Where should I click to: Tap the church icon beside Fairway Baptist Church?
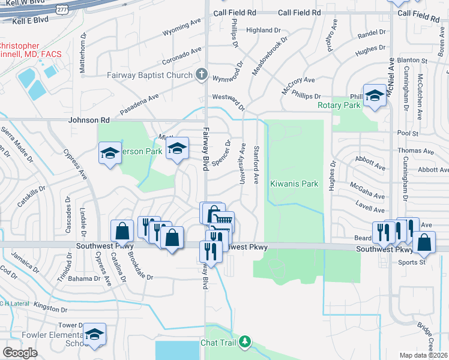[x=202, y=75]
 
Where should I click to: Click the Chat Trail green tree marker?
[x=244, y=342]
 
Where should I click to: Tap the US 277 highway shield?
[x=62, y=8]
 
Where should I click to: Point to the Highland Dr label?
[x=264, y=30]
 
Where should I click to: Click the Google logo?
[x=20, y=353]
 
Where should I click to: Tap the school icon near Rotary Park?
[x=375, y=96]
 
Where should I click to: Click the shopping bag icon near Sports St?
[x=424, y=242]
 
